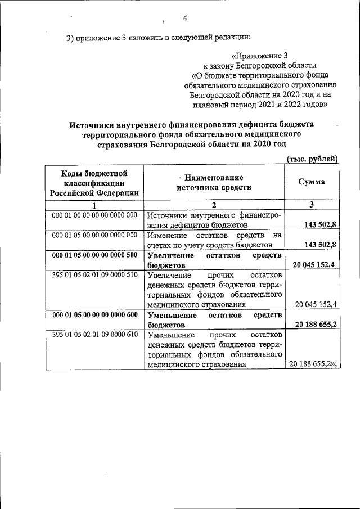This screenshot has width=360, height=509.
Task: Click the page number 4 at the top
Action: [184, 17]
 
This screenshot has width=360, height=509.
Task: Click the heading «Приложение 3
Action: [259, 56]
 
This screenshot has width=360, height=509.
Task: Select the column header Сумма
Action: [311, 182]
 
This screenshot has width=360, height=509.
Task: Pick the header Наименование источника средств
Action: [213, 182]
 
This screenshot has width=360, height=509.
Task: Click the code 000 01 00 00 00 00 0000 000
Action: [94, 215]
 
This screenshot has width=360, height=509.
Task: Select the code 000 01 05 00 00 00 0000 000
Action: [94, 235]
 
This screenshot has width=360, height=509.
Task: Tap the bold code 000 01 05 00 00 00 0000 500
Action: [94, 254]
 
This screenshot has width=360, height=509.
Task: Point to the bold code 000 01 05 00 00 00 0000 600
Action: [94, 314]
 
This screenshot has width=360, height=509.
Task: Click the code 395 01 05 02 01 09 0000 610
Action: [94, 335]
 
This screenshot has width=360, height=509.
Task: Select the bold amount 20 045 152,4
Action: [313, 264]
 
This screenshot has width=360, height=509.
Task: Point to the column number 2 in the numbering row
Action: [214, 205]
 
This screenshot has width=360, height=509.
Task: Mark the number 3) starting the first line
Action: [70, 38]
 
